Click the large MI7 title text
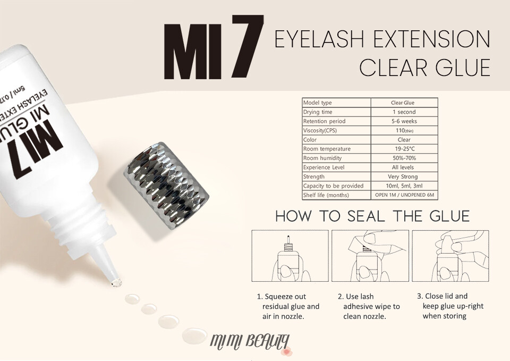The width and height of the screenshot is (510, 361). (x=214, y=47)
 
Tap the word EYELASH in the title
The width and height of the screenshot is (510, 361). (x=319, y=39)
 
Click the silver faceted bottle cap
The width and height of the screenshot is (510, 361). (x=166, y=186)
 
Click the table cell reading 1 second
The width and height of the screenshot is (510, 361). (x=404, y=112)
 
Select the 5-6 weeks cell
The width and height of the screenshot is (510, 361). (x=404, y=121)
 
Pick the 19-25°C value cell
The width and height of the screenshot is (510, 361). (x=404, y=149)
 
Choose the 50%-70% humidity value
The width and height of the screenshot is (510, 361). (x=404, y=158)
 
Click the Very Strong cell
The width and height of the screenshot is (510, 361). (x=404, y=177)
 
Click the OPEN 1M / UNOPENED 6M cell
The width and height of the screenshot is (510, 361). (x=404, y=195)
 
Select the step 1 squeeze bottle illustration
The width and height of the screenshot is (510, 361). (x=290, y=256)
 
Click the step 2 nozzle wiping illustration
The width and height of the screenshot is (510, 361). (x=370, y=256)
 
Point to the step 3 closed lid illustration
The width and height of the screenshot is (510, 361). (x=450, y=256)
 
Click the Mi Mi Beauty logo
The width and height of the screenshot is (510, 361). (x=250, y=342)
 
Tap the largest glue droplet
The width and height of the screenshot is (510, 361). (x=194, y=335)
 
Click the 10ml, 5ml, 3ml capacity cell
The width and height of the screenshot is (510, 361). (x=404, y=186)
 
